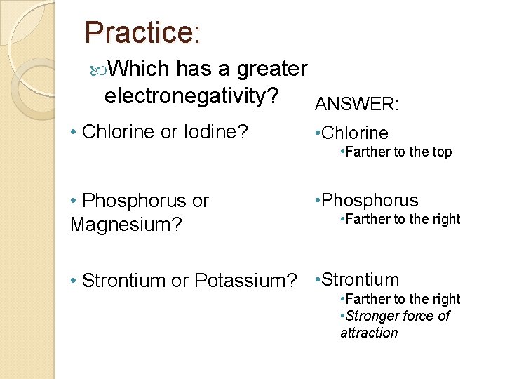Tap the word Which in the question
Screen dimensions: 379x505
click(140, 69)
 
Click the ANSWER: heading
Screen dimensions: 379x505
click(357, 105)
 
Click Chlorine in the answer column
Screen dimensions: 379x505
click(355, 133)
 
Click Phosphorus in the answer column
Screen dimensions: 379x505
click(370, 201)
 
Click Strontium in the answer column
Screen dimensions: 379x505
click(361, 279)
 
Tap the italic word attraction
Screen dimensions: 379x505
click(369, 333)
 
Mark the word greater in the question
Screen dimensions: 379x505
click(272, 69)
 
